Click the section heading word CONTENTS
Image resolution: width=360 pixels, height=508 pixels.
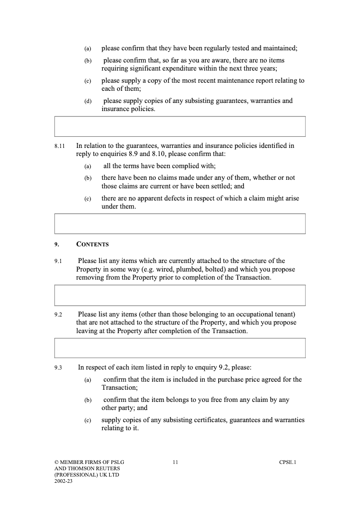[x=93, y=245]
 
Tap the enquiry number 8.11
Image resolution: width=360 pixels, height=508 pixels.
[x=59, y=146]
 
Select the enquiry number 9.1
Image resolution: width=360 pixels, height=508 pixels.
[x=58, y=261]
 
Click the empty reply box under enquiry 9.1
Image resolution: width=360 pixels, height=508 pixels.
[x=180, y=295]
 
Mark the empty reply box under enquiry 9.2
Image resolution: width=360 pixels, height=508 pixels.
[x=180, y=348]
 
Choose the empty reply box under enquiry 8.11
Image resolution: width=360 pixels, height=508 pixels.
[x=180, y=223]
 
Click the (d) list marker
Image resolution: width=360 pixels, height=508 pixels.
[x=88, y=101]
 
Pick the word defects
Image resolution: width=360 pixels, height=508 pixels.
[x=171, y=198]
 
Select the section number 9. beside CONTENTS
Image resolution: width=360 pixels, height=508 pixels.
[x=56, y=245]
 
